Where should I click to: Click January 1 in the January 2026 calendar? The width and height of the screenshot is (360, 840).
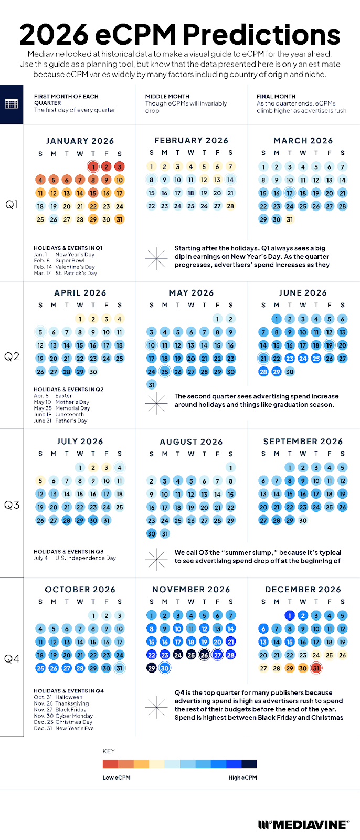[93, 167]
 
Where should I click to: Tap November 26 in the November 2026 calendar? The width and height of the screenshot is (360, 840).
[204, 655]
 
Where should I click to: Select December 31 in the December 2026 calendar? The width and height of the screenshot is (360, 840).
[316, 668]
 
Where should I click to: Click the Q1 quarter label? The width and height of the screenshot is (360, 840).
[12, 204]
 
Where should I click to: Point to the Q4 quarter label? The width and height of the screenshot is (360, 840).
[12, 658]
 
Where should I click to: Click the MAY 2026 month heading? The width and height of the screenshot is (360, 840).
[191, 293]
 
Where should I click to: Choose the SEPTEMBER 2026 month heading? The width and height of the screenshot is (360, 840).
[303, 442]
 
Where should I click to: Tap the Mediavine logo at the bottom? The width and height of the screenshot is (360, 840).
[303, 825]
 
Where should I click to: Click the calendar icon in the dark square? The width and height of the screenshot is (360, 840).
[12, 104]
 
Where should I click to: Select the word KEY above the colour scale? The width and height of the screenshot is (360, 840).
[109, 751]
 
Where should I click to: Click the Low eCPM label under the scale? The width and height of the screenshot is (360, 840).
[117, 778]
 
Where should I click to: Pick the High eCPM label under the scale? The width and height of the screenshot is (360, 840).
[242, 778]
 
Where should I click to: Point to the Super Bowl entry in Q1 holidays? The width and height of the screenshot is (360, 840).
[70, 260]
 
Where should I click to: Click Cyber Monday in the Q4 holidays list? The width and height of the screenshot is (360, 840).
[74, 716]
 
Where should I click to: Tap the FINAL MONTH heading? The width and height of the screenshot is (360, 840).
[276, 97]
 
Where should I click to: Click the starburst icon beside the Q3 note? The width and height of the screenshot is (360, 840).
[156, 560]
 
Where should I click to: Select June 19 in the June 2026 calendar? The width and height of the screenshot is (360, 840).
[329, 345]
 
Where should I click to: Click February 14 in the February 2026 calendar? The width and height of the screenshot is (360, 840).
[230, 180]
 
